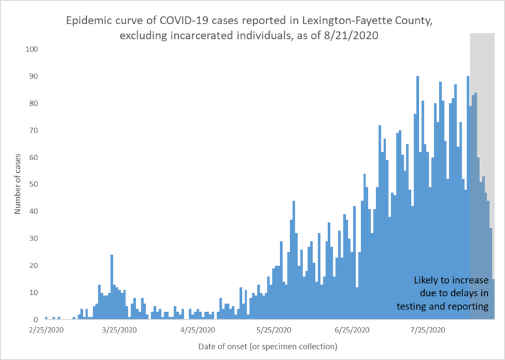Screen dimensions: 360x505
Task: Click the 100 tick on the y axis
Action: pos(32,49)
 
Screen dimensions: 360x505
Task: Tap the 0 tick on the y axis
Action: pos(36,320)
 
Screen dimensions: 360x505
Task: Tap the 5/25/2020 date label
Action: pos(275,330)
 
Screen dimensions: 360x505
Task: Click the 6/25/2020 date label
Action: pos(352,330)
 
